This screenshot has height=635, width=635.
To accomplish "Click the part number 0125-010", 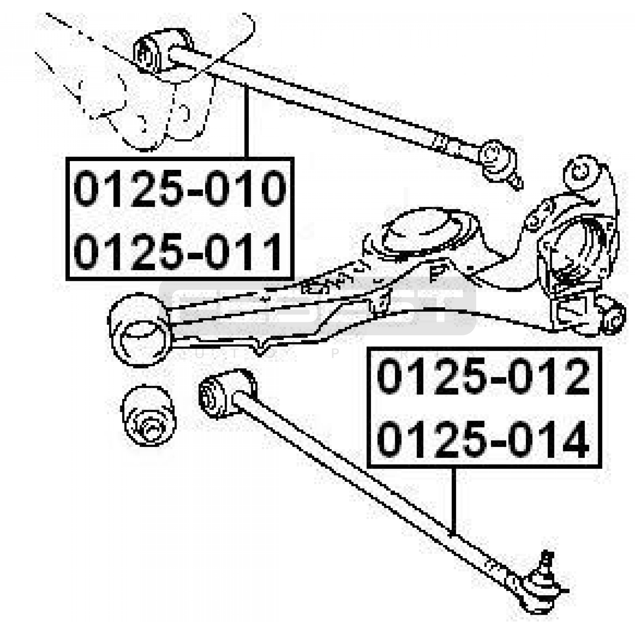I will (179, 188).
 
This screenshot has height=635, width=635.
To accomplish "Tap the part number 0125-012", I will (483, 376).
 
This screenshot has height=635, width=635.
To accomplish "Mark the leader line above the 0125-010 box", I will (247, 121).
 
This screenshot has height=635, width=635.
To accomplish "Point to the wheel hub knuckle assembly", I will (575, 254).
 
